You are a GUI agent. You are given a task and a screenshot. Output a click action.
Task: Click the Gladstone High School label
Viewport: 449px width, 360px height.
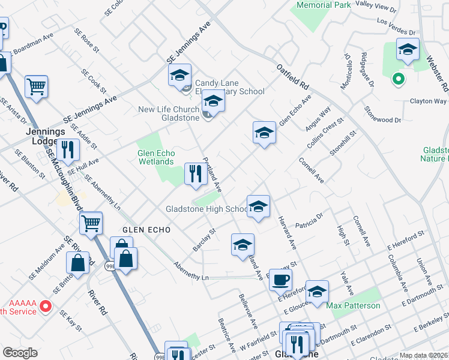(x=206, y=209)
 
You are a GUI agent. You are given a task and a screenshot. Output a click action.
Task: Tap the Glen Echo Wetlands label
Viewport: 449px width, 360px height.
(x=157, y=157)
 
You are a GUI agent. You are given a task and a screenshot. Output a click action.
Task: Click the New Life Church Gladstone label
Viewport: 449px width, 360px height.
(x=169, y=113)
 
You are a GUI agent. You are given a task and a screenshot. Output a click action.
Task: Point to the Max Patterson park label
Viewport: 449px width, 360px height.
(x=353, y=305)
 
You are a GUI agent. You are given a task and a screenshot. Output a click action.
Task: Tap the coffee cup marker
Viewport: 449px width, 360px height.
(x=280, y=279)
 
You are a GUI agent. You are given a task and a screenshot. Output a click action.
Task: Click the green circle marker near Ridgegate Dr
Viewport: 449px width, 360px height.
(x=397, y=78)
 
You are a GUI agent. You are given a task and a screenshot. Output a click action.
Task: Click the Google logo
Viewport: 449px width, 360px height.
(x=20, y=353)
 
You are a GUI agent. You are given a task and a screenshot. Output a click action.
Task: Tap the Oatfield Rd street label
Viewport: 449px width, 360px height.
(x=292, y=76)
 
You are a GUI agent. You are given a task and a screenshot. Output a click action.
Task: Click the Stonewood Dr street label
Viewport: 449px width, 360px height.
(x=382, y=116)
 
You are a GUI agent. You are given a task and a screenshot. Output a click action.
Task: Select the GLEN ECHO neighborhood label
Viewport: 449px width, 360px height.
(x=147, y=230)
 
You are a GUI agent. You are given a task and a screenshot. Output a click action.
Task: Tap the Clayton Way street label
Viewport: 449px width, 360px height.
(x=427, y=101)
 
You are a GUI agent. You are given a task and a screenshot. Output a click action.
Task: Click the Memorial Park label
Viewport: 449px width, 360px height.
(x=324, y=5)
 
